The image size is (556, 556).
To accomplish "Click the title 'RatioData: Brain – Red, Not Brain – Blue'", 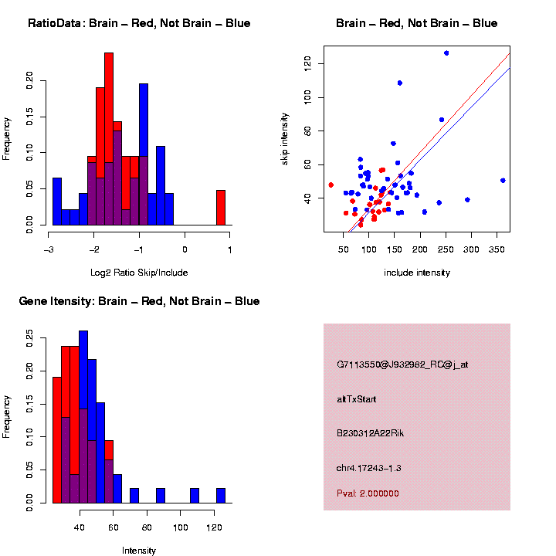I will click(x=139, y=23).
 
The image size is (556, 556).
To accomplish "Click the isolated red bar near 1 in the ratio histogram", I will click(x=221, y=207).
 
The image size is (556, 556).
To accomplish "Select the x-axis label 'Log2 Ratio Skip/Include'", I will click(x=139, y=273).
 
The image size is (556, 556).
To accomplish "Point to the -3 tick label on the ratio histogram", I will click(x=49, y=249).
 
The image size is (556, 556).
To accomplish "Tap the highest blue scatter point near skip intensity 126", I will click(x=446, y=53).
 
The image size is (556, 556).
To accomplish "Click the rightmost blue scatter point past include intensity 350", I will click(x=503, y=180).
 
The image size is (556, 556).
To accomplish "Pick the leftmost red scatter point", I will click(x=331, y=185).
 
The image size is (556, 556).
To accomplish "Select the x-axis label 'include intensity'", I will click(x=417, y=273).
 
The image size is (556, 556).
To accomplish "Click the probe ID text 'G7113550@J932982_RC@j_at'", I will click(x=402, y=364).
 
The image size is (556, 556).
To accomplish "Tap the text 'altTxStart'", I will click(x=356, y=399).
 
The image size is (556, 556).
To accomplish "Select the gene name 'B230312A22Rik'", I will click(x=370, y=433).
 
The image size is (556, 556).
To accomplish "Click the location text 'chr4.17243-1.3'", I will click(x=368, y=468).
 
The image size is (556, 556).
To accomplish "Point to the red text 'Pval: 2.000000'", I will click(x=368, y=493).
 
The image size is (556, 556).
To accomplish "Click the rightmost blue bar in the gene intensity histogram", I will click(x=221, y=495).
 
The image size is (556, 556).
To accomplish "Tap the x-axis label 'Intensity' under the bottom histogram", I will click(x=139, y=551).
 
